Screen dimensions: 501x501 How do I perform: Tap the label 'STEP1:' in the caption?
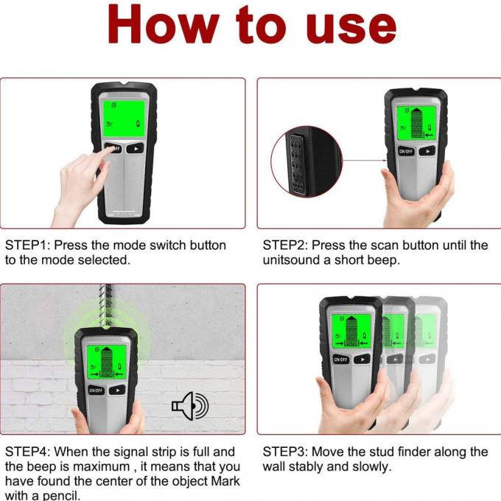[27, 245]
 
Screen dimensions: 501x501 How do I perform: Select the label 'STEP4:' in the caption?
[27, 452]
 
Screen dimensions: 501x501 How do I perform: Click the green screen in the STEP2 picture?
[416, 122]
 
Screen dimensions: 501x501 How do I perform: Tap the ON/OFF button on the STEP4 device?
[96, 390]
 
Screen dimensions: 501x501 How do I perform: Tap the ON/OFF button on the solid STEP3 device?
[341, 360]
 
